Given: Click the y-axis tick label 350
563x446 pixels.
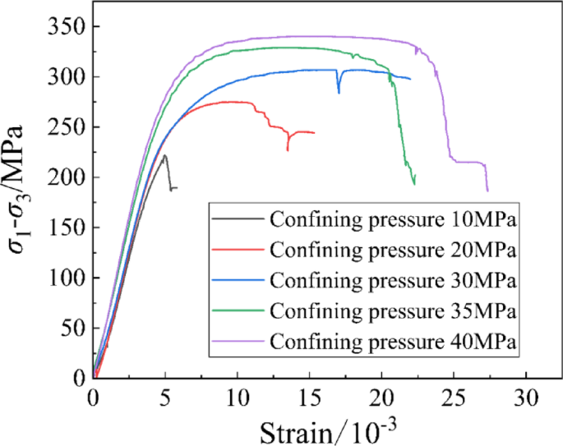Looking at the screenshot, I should [65, 27].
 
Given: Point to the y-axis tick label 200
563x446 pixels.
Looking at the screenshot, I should [65, 177].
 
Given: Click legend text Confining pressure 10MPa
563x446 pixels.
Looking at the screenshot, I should [393, 219].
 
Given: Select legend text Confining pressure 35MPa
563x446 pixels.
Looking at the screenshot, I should [393, 311].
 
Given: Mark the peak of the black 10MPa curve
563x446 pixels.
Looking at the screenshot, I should [165, 155].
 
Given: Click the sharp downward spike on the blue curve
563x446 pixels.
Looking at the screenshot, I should [339, 93].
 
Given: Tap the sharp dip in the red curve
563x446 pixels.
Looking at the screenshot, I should [288, 150].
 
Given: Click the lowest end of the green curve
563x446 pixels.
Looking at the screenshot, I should [414, 184].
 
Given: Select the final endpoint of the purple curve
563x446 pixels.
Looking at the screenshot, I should [487, 191].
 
